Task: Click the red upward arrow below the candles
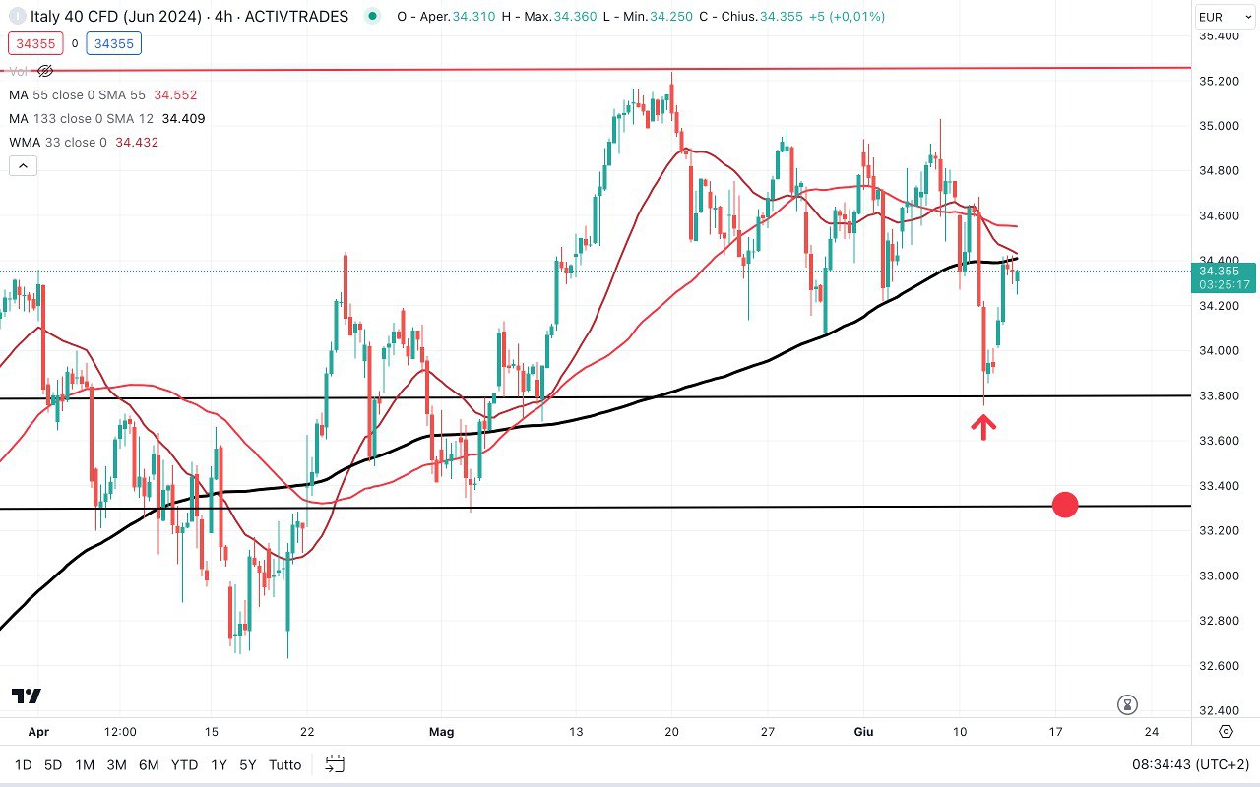(x=984, y=426)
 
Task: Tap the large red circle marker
(x=1065, y=506)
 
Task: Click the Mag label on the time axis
(x=442, y=732)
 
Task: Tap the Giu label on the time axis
(x=863, y=732)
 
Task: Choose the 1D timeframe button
(x=23, y=764)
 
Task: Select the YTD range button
(x=184, y=764)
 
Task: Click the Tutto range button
(x=284, y=764)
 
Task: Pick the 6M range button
(x=149, y=764)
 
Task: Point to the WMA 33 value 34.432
(x=137, y=143)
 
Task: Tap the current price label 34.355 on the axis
(x=1225, y=271)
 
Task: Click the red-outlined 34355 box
(x=33, y=43)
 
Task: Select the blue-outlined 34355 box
(x=113, y=43)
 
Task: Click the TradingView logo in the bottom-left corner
(x=27, y=696)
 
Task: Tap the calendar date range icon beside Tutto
(x=335, y=764)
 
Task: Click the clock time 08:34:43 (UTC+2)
(x=1189, y=764)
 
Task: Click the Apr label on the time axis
(x=38, y=732)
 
